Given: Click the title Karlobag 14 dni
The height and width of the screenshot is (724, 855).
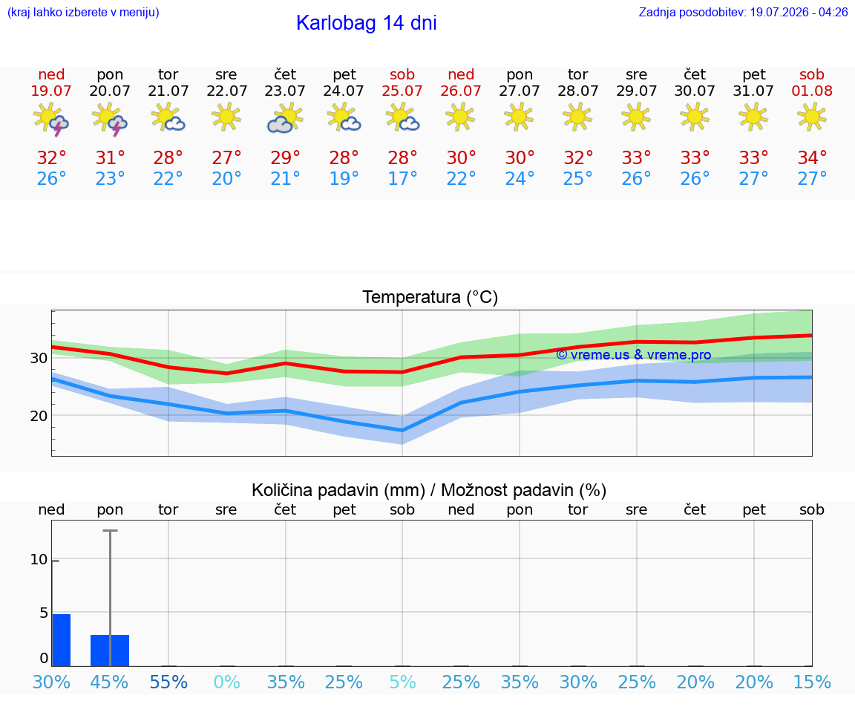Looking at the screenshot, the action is (367, 23).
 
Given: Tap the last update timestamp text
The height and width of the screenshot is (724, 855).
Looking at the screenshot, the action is (743, 12).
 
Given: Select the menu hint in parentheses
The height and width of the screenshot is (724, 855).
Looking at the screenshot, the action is (83, 12).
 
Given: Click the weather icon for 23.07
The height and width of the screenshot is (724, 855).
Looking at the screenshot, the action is (285, 118).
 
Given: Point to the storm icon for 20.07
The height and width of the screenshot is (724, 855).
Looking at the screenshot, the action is (110, 119).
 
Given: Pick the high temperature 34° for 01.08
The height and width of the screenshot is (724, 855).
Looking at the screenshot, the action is (812, 157).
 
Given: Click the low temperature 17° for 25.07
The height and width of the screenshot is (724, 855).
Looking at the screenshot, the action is (402, 178).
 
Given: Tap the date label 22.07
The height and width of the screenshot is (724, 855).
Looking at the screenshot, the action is (227, 91).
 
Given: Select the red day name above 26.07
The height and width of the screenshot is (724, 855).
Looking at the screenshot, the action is (461, 74).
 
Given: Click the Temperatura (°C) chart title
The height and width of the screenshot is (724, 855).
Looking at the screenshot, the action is (430, 297).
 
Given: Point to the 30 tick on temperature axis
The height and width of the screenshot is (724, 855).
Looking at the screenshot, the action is (39, 358).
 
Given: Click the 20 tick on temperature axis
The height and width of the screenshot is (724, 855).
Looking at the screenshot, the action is (39, 416).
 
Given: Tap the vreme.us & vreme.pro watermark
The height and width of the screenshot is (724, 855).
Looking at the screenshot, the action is (634, 355).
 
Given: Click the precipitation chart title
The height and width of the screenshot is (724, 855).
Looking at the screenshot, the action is (429, 490).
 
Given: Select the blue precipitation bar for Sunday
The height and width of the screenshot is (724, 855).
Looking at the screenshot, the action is (62, 640).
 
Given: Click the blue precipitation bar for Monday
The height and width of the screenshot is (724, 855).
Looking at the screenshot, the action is (110, 650).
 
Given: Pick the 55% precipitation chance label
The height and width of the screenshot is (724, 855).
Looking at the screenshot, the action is (168, 682).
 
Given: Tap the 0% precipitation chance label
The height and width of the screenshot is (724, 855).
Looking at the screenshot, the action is (227, 682).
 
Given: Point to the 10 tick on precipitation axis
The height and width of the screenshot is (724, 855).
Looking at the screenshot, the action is (39, 560).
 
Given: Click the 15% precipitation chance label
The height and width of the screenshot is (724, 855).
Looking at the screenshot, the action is (812, 682).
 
